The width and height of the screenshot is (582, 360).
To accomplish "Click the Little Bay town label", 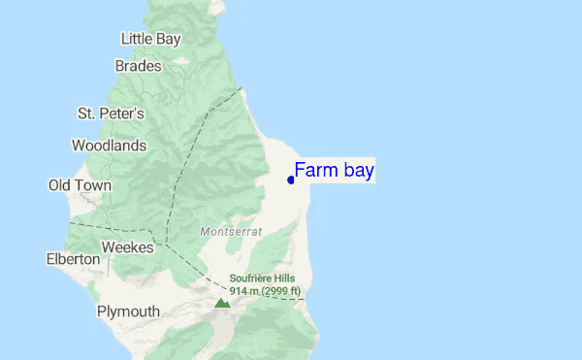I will coord(150,39).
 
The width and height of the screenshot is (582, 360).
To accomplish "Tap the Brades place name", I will coord(138,66).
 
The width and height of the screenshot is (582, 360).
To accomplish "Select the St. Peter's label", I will coord(111,114).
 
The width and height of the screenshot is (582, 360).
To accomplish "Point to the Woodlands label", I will coord(109,146).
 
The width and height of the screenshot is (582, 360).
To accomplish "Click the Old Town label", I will coord(80,185).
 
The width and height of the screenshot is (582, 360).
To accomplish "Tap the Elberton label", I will coord(73,259).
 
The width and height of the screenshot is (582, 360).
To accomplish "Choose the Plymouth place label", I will coord(128,311).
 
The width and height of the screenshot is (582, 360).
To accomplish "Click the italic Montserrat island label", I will coord(229,232).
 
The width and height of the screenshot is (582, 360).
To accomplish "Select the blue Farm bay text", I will coord(334,172).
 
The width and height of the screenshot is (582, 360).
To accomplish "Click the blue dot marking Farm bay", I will coord(291,180).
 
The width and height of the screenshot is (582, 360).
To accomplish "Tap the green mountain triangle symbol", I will coord(222,303).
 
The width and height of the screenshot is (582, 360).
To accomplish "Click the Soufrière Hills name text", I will coord(265,278).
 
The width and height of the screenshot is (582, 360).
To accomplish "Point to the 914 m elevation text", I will coord(245,291).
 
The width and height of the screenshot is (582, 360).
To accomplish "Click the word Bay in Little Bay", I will coord(168,39).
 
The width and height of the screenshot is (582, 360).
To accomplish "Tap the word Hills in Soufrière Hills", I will coord(286,278).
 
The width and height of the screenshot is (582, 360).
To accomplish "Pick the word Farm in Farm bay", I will coord(314,172).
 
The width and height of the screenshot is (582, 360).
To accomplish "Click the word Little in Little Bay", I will coord(137,39).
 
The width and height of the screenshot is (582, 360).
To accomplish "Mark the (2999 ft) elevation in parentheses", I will coord(282,291).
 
